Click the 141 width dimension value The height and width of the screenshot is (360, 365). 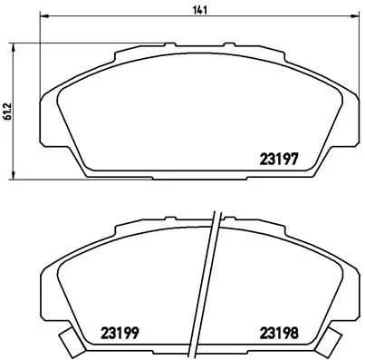200,10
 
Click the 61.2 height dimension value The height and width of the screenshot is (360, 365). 7,111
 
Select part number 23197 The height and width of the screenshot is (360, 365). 279,159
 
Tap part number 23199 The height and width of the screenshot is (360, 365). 120,333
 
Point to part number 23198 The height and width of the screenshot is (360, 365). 279,333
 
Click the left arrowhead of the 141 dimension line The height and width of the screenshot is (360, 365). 44,15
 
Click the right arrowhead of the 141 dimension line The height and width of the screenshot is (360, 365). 356,15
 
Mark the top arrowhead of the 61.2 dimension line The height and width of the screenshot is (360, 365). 13,47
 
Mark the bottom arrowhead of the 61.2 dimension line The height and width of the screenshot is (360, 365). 13,175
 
